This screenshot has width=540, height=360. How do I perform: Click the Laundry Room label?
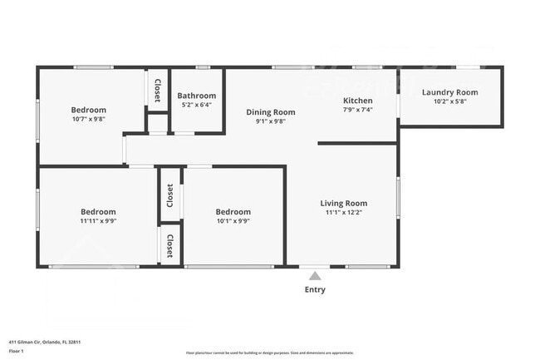(450, 92)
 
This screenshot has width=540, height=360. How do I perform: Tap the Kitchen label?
(358, 101)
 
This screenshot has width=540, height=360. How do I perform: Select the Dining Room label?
(270, 112)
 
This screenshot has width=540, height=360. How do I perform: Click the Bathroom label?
(198, 96)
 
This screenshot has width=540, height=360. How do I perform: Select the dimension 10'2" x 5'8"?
(450, 102)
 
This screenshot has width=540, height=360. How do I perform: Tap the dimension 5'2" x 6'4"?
(197, 105)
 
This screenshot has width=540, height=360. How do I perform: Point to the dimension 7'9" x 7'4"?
(358, 110)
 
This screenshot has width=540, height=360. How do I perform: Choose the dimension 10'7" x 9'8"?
(88, 120)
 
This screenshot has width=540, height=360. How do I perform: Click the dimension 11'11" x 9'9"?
(98, 221)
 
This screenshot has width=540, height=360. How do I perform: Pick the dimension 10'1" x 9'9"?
(233, 221)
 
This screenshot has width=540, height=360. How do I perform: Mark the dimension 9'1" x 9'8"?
(270, 121)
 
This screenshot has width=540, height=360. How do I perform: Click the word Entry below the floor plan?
(315, 290)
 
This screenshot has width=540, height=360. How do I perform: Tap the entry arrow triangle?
(314, 274)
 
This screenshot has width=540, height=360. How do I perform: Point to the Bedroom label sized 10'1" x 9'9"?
(233, 212)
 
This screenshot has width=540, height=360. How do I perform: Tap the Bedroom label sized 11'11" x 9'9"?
(98, 212)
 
